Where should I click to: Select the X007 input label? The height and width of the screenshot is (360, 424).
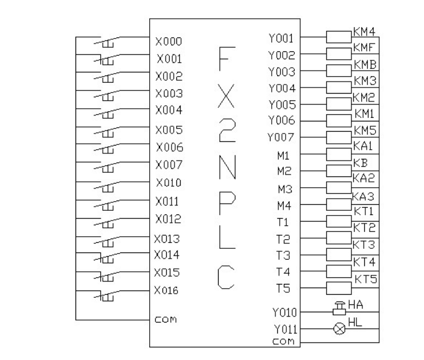click(x=169, y=164)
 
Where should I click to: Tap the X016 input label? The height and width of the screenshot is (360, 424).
click(x=166, y=290)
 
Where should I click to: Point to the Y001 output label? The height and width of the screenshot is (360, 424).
click(x=281, y=38)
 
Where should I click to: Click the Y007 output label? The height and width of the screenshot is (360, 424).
click(x=281, y=138)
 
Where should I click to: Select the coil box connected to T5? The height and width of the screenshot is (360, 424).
click(x=339, y=288)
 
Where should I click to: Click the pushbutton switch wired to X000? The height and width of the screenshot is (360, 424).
click(x=106, y=43)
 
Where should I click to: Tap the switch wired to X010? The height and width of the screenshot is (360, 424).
click(x=106, y=183)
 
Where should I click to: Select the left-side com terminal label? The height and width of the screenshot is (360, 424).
click(x=165, y=319)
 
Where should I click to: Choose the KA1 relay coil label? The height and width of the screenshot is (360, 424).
click(x=364, y=146)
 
